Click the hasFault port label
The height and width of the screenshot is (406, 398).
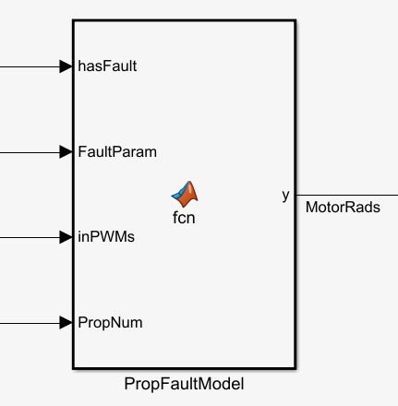point(107,66)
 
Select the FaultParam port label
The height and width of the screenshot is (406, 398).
point(117,152)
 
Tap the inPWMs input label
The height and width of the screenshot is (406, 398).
point(106,237)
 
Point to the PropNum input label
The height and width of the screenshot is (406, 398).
point(110,323)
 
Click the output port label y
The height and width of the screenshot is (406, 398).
point(285,196)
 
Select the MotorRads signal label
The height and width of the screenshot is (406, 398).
point(343,207)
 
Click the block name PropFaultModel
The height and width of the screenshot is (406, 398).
point(184,384)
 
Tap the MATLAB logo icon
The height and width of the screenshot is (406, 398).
point(185,194)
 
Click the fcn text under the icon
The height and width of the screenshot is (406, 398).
point(184,218)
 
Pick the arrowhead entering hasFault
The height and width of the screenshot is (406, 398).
point(66,66)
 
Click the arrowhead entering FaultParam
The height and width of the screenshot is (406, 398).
point(66,152)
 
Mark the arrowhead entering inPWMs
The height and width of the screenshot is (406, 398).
point(66,237)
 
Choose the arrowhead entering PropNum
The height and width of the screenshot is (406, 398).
point(66,323)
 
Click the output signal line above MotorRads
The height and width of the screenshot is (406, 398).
point(347,195)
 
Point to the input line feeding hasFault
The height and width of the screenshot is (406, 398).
point(30,66)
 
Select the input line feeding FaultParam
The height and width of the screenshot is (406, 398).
point(30,152)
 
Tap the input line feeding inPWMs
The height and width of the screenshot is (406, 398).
point(30,237)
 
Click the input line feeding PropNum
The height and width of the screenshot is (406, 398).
point(30,323)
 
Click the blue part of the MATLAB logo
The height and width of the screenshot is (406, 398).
point(179,194)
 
